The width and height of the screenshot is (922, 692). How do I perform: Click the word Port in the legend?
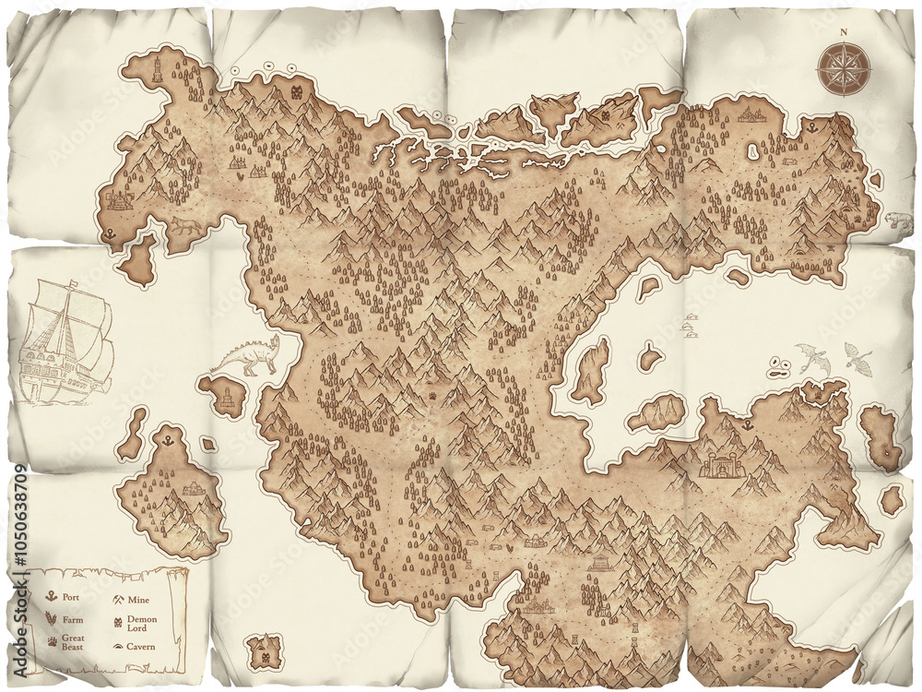tap(72, 598)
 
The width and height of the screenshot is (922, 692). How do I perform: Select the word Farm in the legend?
tap(73, 620)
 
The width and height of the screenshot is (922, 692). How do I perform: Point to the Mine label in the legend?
tap(138, 600)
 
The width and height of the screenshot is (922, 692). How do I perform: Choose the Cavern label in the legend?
tap(141, 647)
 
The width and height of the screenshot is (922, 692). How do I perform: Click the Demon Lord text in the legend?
tap(142, 625)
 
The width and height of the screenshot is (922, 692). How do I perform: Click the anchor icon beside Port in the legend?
tap(52, 598)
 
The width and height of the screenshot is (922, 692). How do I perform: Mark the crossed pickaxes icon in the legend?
tap(118, 600)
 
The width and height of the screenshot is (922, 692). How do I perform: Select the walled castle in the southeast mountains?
tap(722, 464)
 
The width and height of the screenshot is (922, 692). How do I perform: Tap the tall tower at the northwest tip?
tap(158, 70)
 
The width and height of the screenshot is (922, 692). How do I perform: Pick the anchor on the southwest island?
tap(168, 444)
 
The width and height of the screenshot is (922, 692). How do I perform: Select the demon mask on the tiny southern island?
tap(266, 658)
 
